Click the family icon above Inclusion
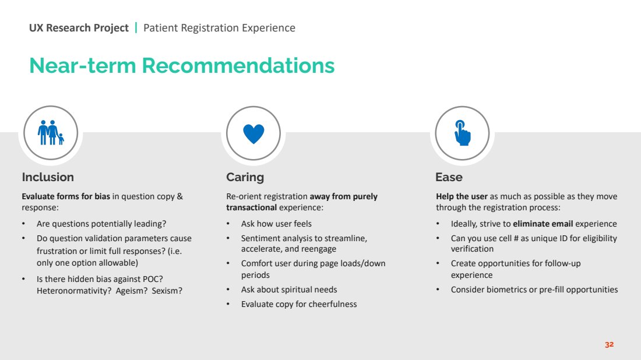pos(51,133)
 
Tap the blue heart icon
pos(253,133)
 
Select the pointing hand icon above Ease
pos(462,133)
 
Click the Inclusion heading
pos(48,177)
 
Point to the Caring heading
pos(245,177)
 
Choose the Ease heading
pos(449,177)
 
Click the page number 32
pos(609,344)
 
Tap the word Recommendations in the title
pos(238,65)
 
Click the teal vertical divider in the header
pos(136,28)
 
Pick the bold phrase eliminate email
pos(543,224)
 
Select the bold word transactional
pos(251,207)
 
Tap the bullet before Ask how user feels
pos(228,224)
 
